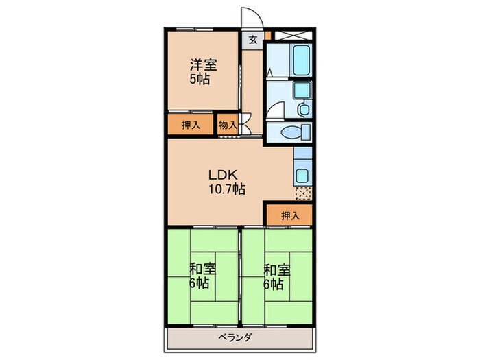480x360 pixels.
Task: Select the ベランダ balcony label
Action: click(235, 337)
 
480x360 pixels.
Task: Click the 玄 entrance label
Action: click(252, 40)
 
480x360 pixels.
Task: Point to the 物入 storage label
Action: click(228, 125)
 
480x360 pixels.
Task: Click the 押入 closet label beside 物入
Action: click(191, 125)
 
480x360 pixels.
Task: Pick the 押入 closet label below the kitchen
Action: click(290, 216)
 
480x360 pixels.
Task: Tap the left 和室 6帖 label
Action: click(202, 276)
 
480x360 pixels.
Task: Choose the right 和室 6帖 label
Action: click(276, 276)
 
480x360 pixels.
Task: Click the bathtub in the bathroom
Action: click(302, 60)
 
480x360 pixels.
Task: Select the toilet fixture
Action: click(296, 132)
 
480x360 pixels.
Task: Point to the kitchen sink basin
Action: click(302, 176)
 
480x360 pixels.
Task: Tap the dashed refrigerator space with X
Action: click(303, 193)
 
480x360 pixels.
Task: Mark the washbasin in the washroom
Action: click(304, 109)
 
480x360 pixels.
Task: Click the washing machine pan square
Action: click(302, 90)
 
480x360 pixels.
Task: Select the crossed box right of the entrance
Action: click(293, 35)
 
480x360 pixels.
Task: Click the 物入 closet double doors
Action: click(245, 124)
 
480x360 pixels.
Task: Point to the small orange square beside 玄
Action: click(268, 35)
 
